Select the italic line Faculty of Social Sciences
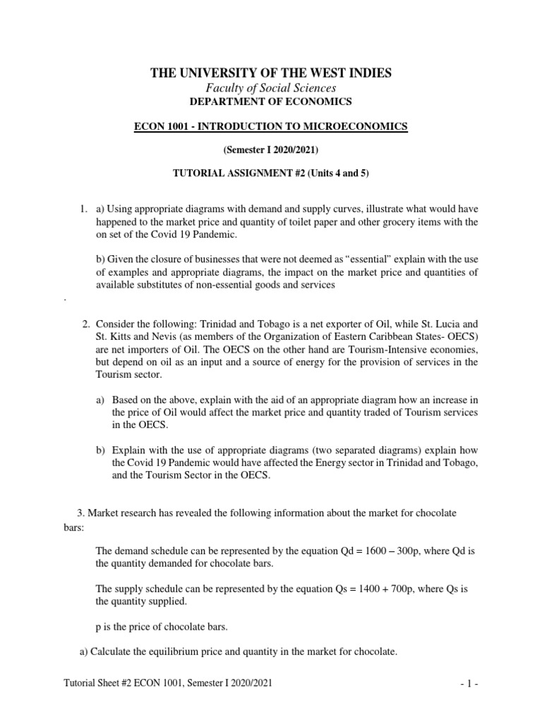click(270, 88)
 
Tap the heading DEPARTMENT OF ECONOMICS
click(270, 102)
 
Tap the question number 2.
click(85, 324)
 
